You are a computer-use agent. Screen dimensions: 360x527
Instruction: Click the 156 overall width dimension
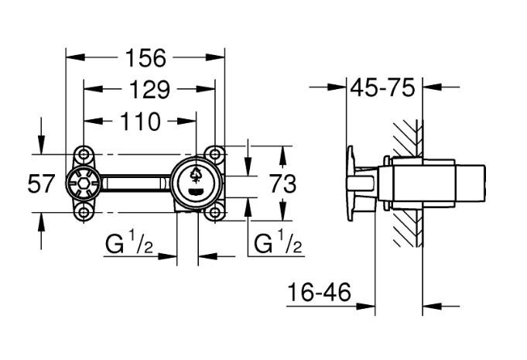pos(145,57)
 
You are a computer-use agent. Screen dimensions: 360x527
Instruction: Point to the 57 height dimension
pos(42,183)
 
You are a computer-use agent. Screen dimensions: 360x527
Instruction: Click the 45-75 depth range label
pos(382,87)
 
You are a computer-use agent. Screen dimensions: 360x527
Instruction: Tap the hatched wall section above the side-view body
pos(407,136)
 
